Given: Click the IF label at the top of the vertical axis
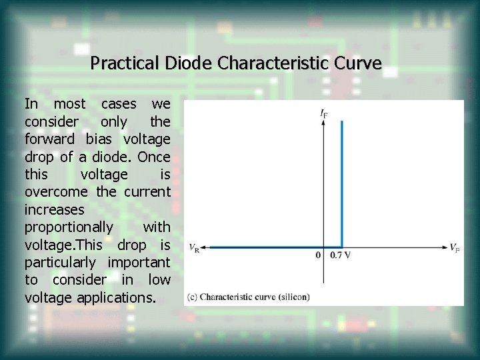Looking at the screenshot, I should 323,114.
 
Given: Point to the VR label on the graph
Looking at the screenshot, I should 193,248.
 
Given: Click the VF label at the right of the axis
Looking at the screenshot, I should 454,248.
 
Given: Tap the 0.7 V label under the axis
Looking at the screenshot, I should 340,255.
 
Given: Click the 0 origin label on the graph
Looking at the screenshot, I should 318,255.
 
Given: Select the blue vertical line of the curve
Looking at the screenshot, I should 341,180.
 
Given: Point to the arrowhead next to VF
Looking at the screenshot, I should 445,247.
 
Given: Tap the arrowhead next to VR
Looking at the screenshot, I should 203,247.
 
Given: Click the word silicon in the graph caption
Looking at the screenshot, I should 292,297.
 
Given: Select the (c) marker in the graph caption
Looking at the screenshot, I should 192,297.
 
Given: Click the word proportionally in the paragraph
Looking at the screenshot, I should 69,227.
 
